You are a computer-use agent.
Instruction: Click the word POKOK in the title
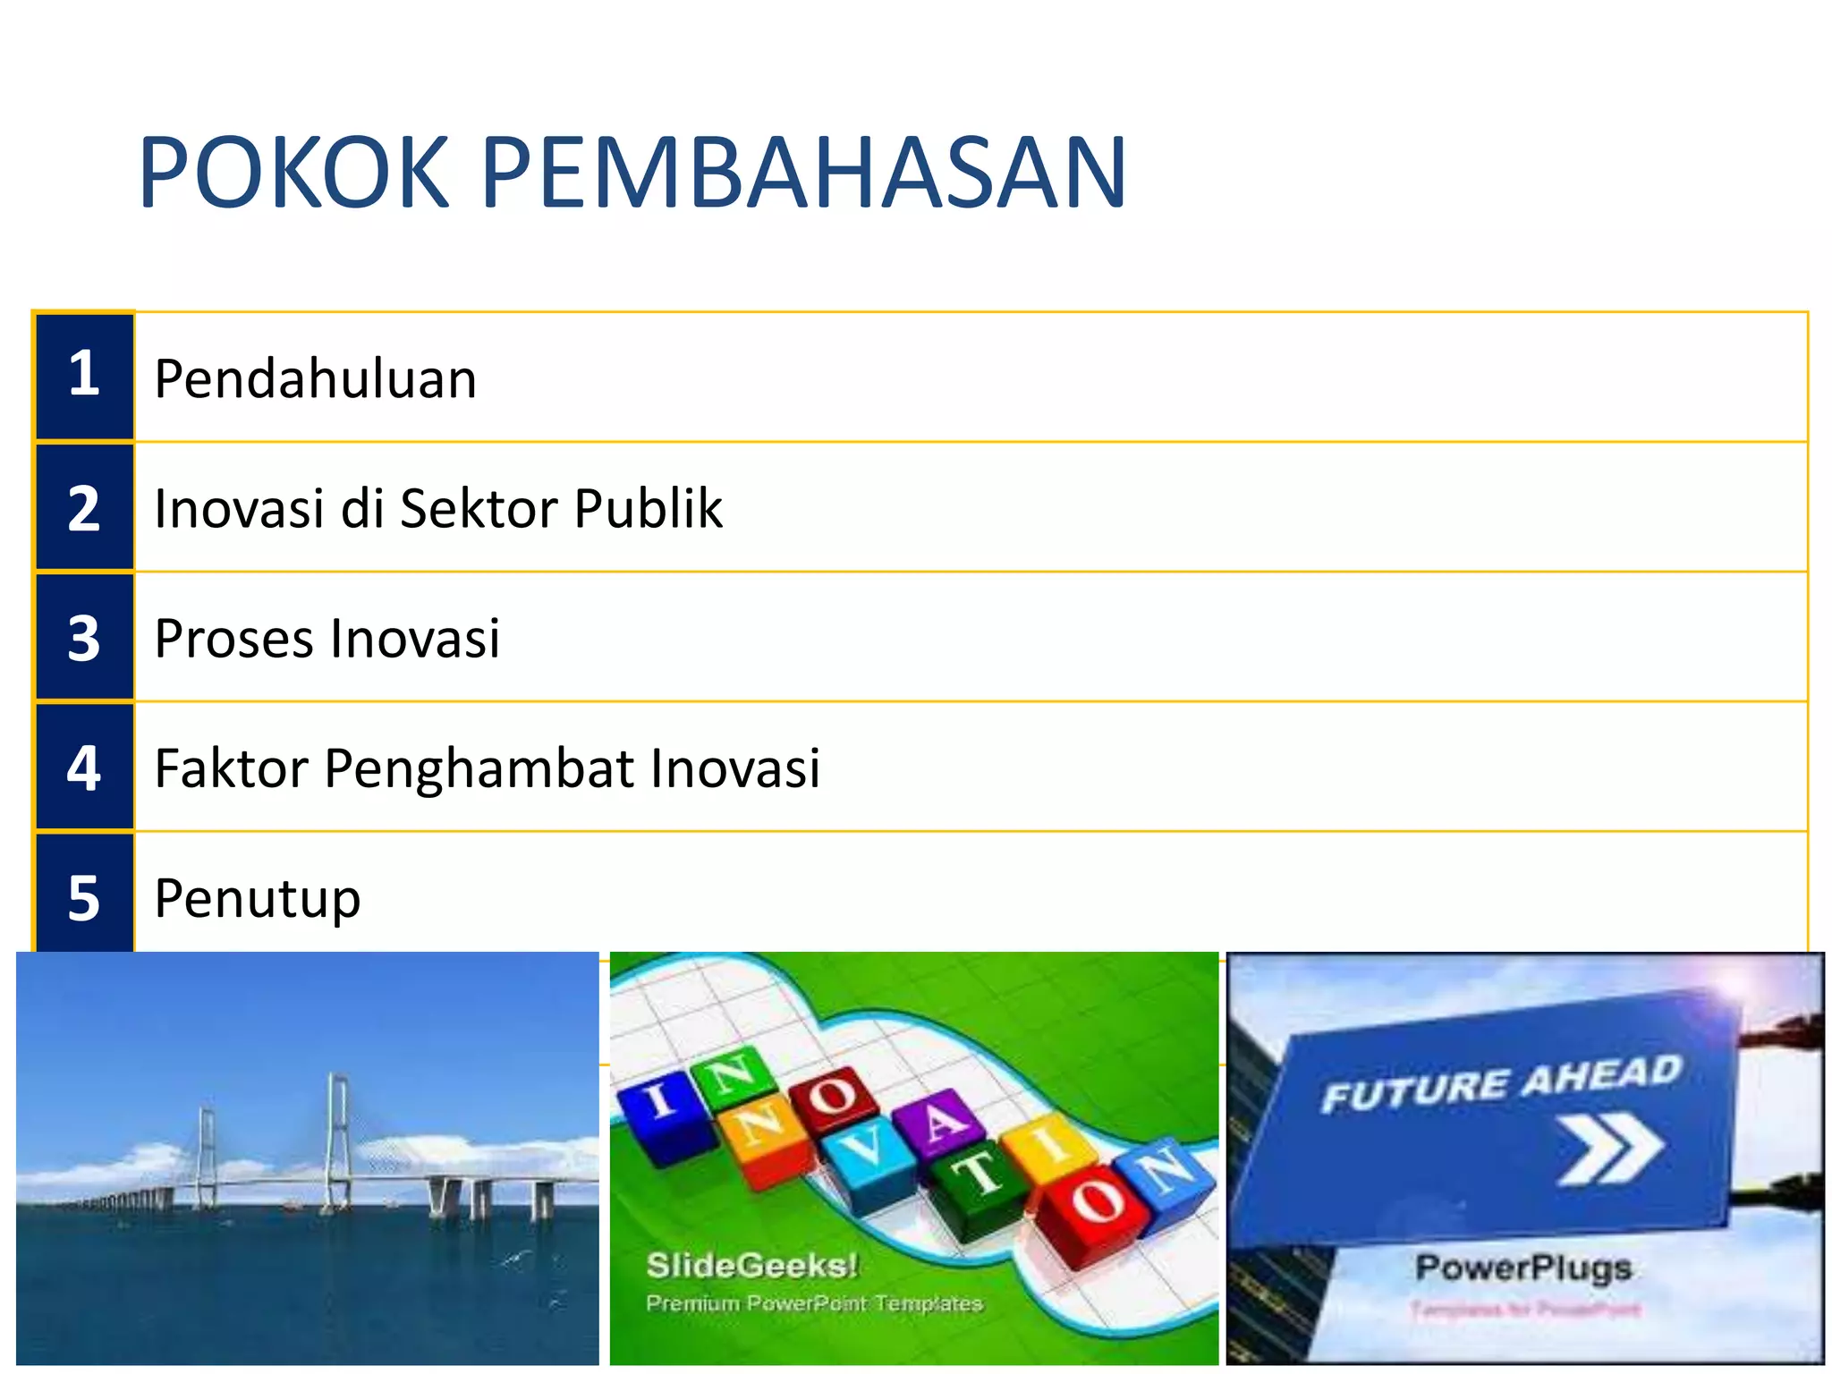(293, 173)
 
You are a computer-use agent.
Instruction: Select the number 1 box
(84, 377)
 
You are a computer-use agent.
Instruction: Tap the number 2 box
(84, 507)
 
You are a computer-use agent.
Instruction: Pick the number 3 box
(84, 637)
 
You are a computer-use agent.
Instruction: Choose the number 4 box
(84, 768)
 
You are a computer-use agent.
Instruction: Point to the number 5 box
(84, 896)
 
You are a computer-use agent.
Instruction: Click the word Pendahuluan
(315, 378)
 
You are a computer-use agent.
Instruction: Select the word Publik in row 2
(648, 508)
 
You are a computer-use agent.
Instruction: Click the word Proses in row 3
(234, 639)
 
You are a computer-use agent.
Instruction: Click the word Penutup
(258, 898)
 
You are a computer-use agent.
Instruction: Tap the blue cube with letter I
(666, 1114)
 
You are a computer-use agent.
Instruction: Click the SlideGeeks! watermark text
(751, 1265)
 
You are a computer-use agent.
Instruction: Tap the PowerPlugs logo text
(1523, 1268)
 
